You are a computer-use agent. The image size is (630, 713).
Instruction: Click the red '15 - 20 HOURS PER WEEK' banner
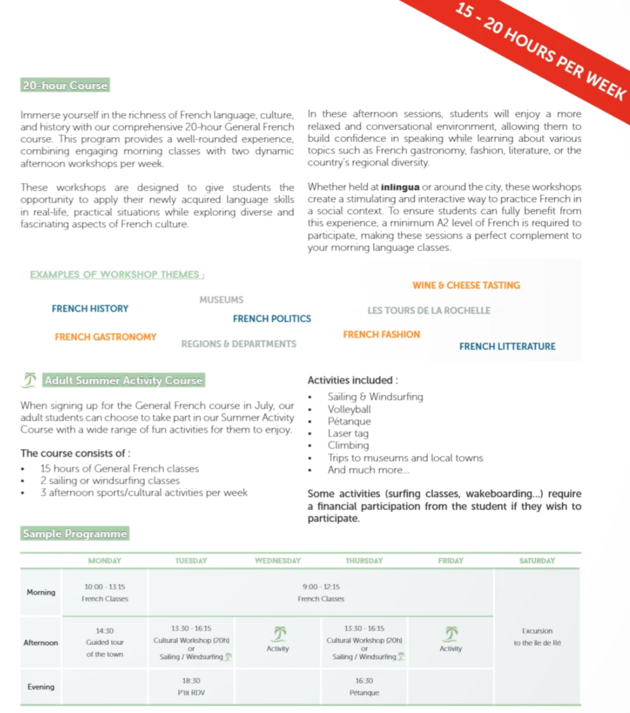(542, 54)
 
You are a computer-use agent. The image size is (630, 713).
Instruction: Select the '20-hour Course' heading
(65, 86)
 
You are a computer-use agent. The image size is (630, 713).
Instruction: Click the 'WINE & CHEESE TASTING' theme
(466, 285)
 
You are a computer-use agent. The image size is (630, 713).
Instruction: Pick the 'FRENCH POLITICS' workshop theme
(272, 319)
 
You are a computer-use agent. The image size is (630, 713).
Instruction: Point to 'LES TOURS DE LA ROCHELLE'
(428, 311)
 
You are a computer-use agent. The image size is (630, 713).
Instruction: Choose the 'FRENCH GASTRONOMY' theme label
(106, 337)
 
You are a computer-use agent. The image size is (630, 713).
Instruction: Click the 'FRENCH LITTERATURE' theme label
(507, 346)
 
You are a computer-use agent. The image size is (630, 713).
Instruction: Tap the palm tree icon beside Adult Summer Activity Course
(29, 380)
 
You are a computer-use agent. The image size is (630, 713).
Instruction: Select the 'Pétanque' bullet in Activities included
(349, 421)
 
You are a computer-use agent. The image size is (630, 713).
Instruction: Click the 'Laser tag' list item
(348, 434)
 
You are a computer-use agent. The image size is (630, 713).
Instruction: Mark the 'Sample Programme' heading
(74, 534)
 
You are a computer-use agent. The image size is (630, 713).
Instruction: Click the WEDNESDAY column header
(278, 560)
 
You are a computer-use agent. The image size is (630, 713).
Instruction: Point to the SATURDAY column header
(537, 560)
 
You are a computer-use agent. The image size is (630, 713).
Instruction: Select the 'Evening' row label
(41, 687)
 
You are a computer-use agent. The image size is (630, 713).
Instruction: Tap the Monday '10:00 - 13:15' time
(105, 587)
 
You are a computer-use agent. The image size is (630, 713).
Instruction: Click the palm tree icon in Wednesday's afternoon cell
(278, 632)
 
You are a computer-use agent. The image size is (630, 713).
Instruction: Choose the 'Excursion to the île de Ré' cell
(537, 637)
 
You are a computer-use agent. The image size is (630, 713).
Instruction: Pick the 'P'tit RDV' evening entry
(191, 693)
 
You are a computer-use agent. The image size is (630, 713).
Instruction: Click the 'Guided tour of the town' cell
(105, 642)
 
